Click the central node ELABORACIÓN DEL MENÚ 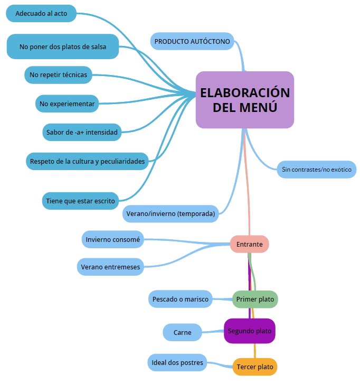coord(244,100)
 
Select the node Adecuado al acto coord(41,14)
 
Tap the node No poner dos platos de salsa coord(62,46)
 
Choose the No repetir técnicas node coord(58,75)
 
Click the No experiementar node coord(67,104)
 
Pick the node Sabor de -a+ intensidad coord(81,132)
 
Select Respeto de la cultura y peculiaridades coord(87,161)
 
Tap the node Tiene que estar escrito coord(80,201)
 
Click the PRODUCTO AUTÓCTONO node coord(192,41)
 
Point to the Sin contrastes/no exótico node coord(317,170)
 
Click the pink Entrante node coord(249,244)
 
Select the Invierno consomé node coord(113,239)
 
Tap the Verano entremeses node coord(110,267)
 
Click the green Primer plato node coord(255,299)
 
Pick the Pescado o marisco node coord(180,299)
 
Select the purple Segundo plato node coord(250,331)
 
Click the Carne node coord(182,332)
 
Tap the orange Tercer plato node coord(254,367)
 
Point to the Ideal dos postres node coord(177,362)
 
